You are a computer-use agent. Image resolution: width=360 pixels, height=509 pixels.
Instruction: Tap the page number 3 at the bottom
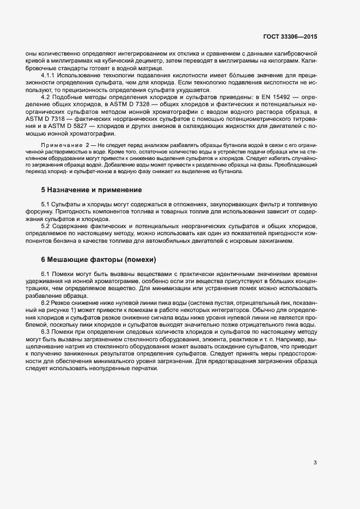[x=315, y=463]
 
